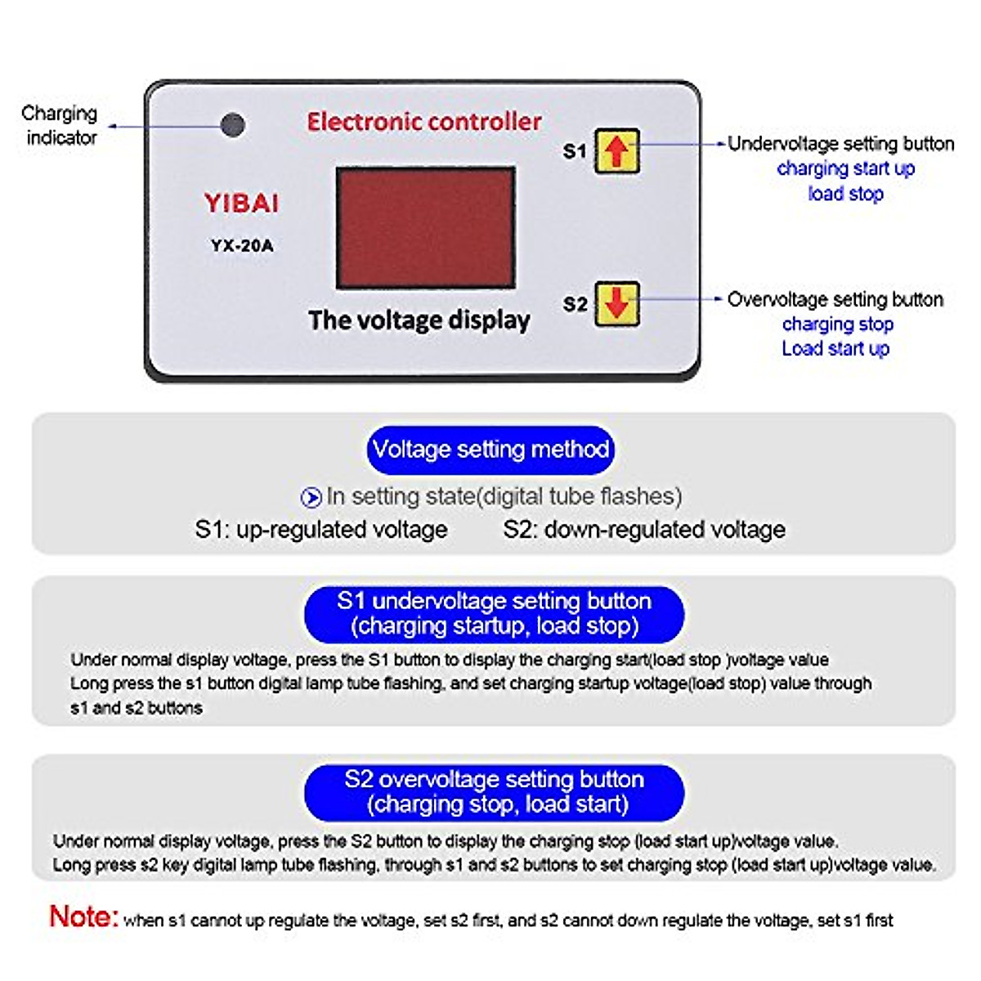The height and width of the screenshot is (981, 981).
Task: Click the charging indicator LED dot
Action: pyautogui.click(x=233, y=125)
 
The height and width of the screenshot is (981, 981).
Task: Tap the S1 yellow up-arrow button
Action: pyautogui.click(x=616, y=151)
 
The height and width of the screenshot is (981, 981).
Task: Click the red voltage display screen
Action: pyautogui.click(x=425, y=228)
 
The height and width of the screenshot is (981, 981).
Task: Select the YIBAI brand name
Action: pyautogui.click(x=241, y=204)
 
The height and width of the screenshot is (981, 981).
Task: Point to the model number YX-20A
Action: pyautogui.click(x=242, y=245)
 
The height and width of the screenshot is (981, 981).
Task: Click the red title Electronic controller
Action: pyautogui.click(x=423, y=122)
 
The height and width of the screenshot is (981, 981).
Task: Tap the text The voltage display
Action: pyautogui.click(x=419, y=320)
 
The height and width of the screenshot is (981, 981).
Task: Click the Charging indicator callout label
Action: pyautogui.click(x=60, y=125)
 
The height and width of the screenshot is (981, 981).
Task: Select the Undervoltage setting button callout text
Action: pyautogui.click(x=840, y=144)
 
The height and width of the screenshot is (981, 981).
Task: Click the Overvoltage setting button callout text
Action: pyautogui.click(x=835, y=299)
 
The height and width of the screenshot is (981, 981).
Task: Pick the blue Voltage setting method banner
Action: pyautogui.click(x=490, y=450)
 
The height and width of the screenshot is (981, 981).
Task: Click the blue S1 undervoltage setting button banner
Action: pyautogui.click(x=494, y=614)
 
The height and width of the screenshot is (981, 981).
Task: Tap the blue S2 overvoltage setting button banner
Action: pyautogui.click(x=494, y=792)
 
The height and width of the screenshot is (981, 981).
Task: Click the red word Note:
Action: pyautogui.click(x=83, y=916)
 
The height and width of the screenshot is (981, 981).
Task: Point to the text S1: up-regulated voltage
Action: pyautogui.click(x=321, y=530)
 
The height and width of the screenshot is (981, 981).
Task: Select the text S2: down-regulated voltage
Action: pyautogui.click(x=644, y=530)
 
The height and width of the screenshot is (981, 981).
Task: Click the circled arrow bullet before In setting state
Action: pyautogui.click(x=311, y=497)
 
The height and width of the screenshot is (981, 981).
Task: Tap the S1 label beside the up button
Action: pyautogui.click(x=575, y=151)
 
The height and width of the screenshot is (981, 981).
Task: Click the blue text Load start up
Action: pyautogui.click(x=835, y=349)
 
